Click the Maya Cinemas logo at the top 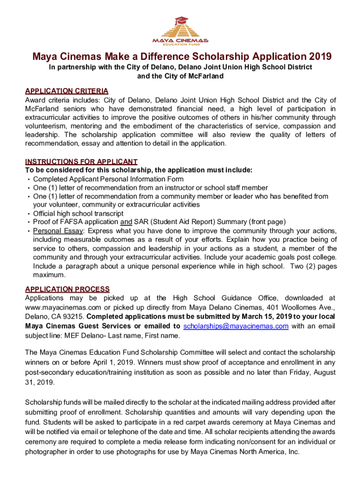coord(180,30)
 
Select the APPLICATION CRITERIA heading coord(67,91)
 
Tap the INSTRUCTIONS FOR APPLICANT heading coord(81,161)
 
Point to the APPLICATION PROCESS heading coord(67,289)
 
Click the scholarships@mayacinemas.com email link coord(236,326)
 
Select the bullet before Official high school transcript coord(29,213)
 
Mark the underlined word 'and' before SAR coord(126,222)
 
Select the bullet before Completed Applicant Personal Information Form coord(29,180)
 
